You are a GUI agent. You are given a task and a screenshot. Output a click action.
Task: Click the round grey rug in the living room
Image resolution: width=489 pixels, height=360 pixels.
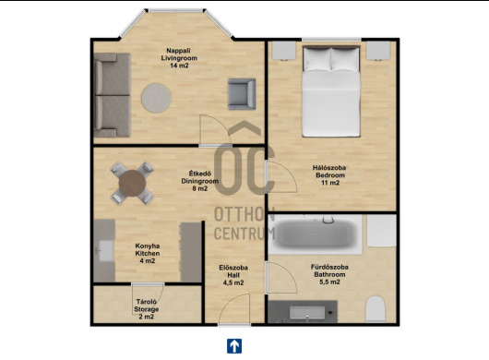click(156, 98)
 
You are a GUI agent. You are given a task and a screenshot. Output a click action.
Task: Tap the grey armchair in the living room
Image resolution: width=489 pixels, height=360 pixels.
click(242, 94)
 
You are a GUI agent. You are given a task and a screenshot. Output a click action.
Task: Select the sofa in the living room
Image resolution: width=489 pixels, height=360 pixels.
click(112, 95)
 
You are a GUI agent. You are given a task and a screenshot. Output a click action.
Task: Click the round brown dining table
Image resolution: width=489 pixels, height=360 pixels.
click(132, 183)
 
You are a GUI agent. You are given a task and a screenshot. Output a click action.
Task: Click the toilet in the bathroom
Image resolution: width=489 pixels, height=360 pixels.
click(376, 309)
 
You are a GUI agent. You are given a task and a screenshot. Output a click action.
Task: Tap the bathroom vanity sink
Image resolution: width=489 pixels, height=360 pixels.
click(307, 313)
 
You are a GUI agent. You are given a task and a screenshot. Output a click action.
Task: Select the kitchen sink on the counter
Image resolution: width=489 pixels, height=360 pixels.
click(105, 250)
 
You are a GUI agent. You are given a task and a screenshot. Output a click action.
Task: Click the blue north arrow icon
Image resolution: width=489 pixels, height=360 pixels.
click(234, 346)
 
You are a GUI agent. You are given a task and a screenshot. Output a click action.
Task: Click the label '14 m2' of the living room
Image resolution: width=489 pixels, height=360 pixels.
click(179, 66)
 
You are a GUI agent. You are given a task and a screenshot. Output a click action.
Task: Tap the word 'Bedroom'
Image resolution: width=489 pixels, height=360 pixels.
click(330, 175)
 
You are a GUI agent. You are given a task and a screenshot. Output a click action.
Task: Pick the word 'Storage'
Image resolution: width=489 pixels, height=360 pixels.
click(147, 309)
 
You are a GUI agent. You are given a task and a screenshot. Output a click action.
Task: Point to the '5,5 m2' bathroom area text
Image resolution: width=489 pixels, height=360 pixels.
click(329, 282)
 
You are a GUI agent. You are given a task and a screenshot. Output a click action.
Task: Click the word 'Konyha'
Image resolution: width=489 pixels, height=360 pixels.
click(148, 246)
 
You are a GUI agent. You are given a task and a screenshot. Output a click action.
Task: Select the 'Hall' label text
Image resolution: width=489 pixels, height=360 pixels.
click(233, 275)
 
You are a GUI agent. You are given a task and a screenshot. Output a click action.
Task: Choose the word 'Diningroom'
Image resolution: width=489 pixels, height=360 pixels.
click(200, 181)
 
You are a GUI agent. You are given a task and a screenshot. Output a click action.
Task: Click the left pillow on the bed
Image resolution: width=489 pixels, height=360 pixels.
click(317, 59)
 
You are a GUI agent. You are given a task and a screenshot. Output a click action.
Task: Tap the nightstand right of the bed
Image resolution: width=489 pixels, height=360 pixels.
click(378, 50)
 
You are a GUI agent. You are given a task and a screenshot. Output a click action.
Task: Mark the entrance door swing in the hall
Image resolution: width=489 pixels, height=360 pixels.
click(234, 309)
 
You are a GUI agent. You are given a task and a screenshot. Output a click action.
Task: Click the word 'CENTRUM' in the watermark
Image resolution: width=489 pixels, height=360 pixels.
click(244, 234)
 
